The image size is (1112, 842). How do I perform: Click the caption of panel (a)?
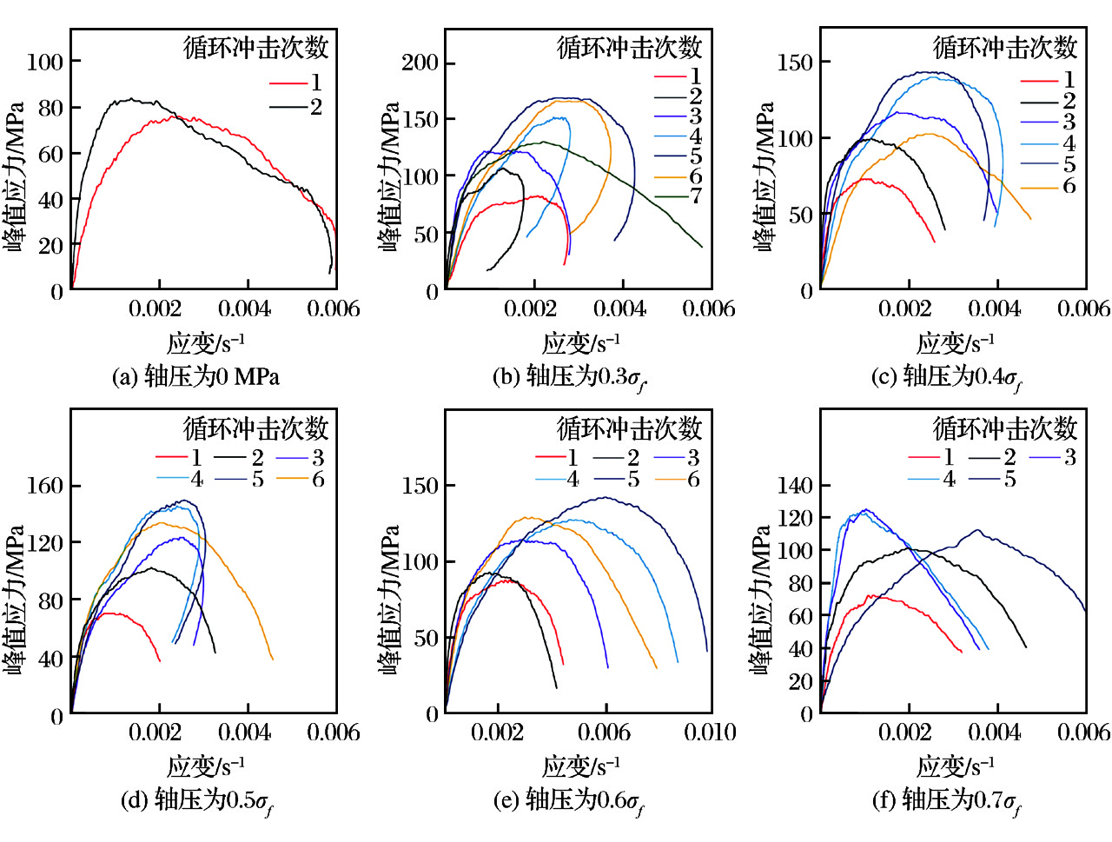195,377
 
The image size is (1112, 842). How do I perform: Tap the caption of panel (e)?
570,800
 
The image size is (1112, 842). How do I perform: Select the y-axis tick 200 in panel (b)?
420,63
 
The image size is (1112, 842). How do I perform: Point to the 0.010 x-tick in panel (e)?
710,733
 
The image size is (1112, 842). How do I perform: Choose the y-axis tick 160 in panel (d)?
45,486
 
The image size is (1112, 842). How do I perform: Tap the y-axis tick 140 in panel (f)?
795,486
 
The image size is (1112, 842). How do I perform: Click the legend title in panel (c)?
1005,47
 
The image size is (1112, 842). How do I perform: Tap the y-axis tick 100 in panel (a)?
45,62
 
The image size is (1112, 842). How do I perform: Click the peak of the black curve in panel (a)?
130,99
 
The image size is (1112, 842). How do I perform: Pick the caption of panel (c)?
947,377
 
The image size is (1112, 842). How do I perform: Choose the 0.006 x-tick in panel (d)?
334,733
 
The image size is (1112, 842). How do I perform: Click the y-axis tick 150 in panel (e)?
420,486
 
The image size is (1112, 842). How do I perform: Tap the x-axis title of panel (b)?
580,343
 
